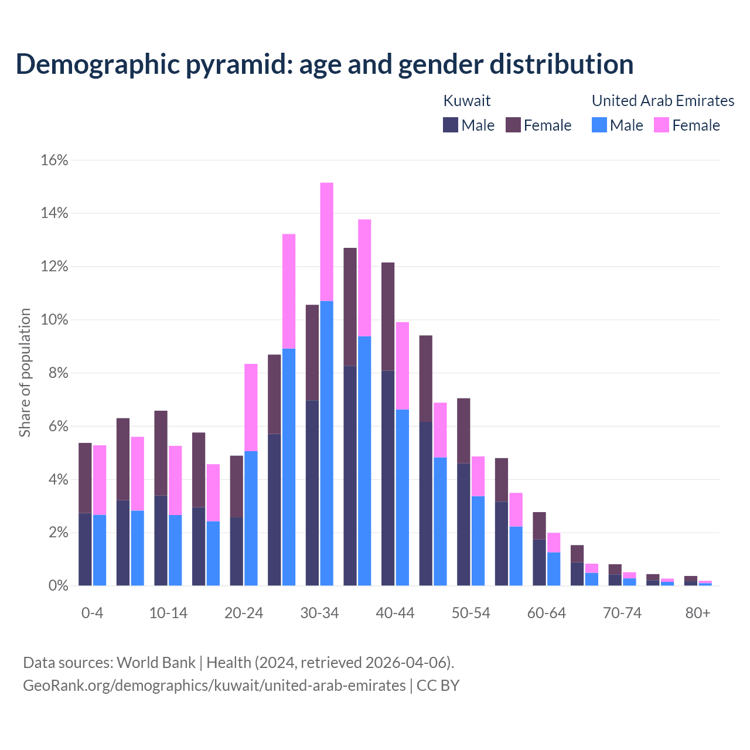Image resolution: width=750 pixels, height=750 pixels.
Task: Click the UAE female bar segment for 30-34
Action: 327,241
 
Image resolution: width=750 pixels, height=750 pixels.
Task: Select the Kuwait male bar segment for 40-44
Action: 388,478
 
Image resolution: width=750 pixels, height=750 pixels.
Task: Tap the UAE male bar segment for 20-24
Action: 251,518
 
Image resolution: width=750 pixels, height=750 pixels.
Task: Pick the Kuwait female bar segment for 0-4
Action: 85,478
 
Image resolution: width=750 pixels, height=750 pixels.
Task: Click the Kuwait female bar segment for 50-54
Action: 463,431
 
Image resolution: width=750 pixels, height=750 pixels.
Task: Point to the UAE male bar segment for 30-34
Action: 327,443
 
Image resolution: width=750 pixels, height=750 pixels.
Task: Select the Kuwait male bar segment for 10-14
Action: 161,540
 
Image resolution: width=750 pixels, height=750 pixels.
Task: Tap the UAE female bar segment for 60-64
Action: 554,543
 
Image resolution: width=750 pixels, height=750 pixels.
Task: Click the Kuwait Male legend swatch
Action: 451,125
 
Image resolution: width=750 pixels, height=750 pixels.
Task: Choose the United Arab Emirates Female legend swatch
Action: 662,125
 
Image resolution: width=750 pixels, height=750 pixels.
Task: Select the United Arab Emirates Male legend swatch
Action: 599,125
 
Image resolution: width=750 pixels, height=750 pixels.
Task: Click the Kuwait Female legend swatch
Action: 513,125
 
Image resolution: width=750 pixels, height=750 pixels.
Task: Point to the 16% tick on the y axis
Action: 54,161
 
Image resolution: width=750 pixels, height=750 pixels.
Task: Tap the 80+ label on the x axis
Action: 698,613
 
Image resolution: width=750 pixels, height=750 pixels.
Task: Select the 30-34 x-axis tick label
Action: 319,613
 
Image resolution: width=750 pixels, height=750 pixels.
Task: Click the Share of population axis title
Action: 25,373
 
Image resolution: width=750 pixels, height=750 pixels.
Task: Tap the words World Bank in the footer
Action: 156,663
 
